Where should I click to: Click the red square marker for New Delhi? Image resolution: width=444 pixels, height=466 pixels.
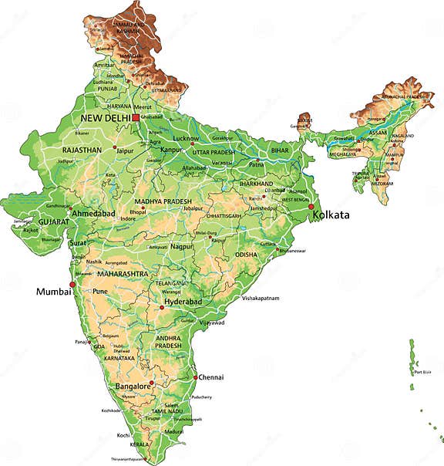click(136, 117)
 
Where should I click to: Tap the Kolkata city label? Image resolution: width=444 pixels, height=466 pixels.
click(332, 215)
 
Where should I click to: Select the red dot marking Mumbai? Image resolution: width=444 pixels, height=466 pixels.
click(72, 285)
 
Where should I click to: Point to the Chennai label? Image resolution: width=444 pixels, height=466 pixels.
click(210, 377)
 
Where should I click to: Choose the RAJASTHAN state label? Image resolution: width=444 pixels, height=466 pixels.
click(83, 150)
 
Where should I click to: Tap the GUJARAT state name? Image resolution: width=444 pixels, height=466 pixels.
click(54, 221)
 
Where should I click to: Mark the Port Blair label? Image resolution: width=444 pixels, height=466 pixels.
click(422, 372)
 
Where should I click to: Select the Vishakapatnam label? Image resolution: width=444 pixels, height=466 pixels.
click(261, 298)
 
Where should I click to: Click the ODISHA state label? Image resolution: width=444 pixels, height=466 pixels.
click(247, 254)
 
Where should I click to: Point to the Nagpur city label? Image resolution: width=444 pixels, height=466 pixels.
click(182, 247)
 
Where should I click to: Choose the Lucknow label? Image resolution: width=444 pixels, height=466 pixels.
click(187, 138)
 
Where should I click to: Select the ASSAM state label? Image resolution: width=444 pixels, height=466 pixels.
click(378, 132)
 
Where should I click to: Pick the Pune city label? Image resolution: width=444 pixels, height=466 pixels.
click(100, 292)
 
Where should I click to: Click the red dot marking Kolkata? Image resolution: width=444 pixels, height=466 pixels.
click(311, 207)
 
